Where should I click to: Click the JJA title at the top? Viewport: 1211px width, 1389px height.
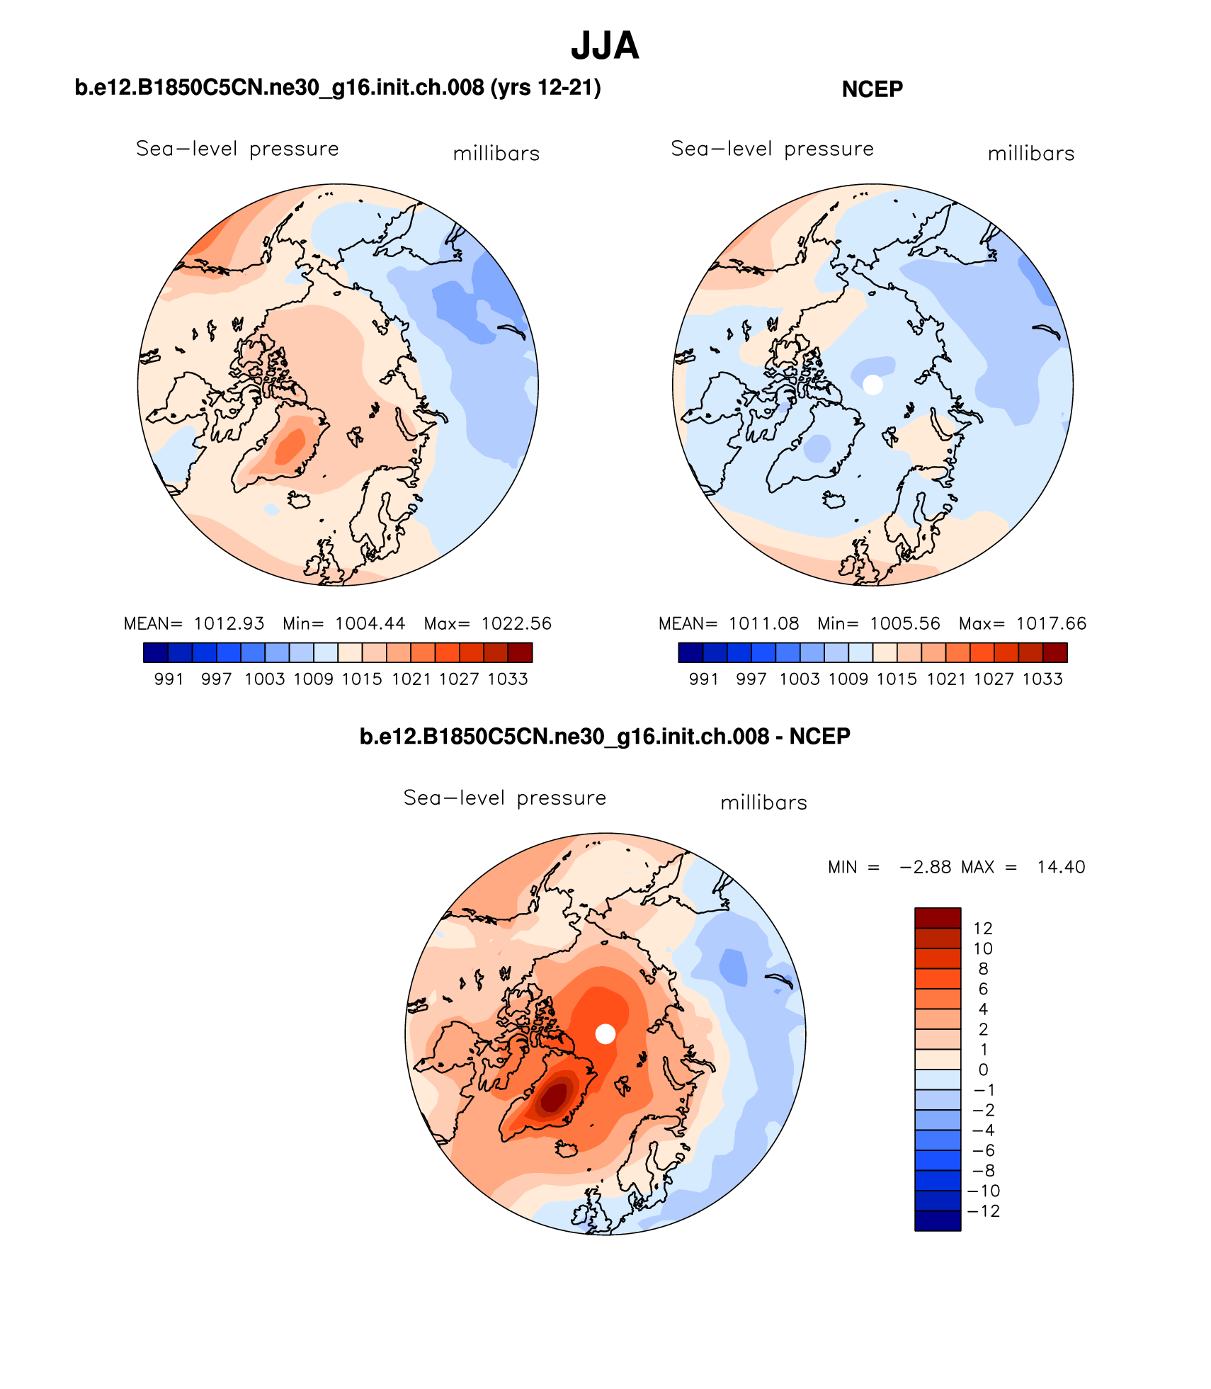(x=605, y=46)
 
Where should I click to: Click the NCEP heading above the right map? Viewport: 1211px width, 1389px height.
(x=872, y=89)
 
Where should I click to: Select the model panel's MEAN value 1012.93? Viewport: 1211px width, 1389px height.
(x=229, y=623)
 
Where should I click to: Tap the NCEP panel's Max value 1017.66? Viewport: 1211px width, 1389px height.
(x=1051, y=623)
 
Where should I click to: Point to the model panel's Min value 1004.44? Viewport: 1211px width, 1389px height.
(x=370, y=623)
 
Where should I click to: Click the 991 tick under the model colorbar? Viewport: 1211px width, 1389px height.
(x=169, y=679)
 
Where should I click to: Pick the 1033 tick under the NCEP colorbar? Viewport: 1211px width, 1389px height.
(x=1042, y=679)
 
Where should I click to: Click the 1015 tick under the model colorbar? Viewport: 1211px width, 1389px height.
(x=362, y=679)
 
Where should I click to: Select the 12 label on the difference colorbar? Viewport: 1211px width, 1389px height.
(x=983, y=929)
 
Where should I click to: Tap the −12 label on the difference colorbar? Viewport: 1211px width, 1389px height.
(x=983, y=1211)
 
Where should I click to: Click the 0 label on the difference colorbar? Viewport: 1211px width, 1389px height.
(x=983, y=1070)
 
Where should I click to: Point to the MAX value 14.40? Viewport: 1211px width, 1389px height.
(x=1061, y=867)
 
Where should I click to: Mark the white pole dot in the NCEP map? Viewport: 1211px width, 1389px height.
(x=873, y=385)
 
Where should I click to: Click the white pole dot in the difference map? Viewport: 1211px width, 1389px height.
(x=605, y=1034)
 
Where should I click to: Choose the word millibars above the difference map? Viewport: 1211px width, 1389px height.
(x=763, y=803)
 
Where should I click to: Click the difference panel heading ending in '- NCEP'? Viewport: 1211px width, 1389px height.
(x=605, y=737)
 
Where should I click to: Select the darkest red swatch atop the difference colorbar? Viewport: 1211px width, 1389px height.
(x=938, y=918)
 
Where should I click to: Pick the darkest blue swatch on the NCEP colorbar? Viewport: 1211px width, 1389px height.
(x=690, y=652)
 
